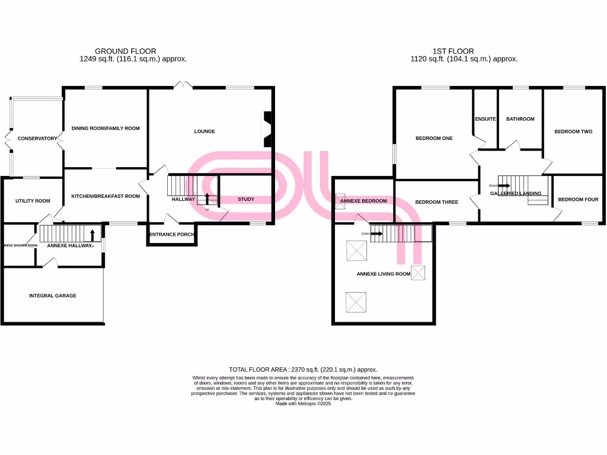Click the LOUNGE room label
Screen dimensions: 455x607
click(x=205, y=132)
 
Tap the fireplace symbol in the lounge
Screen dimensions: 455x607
click(x=267, y=129)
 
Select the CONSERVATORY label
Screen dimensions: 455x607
click(x=37, y=139)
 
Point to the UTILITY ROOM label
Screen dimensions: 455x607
click(x=33, y=201)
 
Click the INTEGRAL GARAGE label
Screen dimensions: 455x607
click(x=53, y=295)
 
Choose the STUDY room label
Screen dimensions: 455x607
click(x=246, y=199)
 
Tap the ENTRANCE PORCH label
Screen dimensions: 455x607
click(x=171, y=235)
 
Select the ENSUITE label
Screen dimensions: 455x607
click(x=485, y=119)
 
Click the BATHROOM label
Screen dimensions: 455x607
click(x=520, y=119)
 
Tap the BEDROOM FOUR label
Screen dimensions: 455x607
click(x=578, y=200)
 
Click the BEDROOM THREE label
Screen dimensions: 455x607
click(x=436, y=202)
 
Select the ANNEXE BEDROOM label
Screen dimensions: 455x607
click(x=363, y=201)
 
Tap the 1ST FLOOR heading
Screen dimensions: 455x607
click(x=453, y=52)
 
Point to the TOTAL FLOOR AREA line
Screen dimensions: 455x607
click(x=303, y=369)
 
